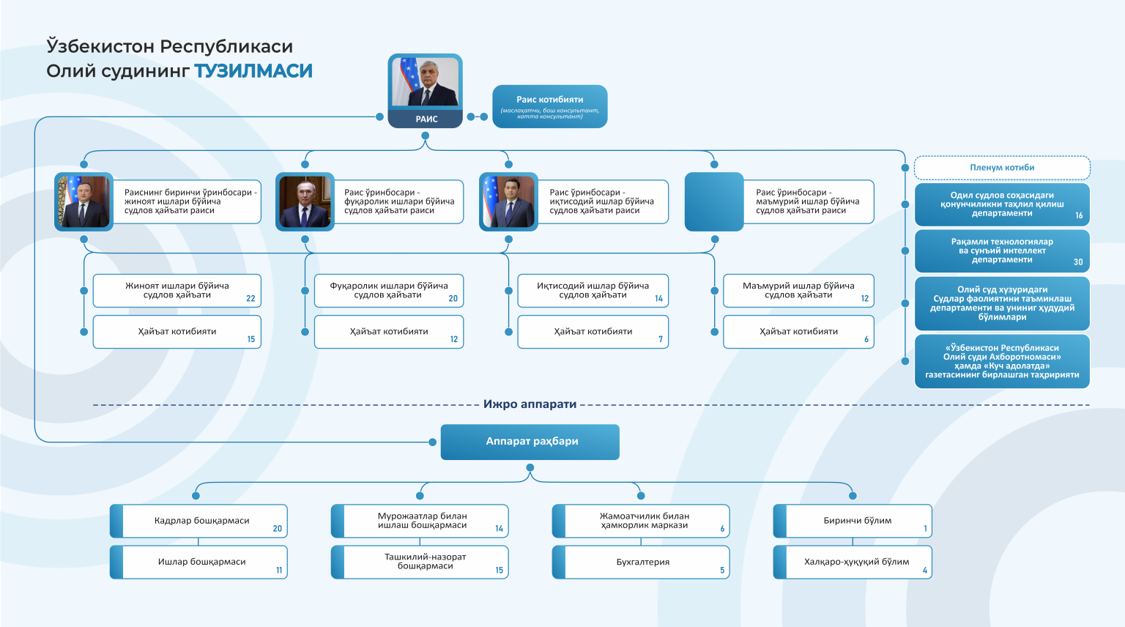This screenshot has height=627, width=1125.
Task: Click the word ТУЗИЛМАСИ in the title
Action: pos(253,71)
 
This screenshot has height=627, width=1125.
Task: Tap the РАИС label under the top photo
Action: pos(426,119)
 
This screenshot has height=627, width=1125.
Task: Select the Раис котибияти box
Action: pos(550,106)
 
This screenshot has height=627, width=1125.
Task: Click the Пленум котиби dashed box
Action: pos(1002,168)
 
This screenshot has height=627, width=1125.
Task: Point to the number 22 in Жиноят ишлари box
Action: pos(250,298)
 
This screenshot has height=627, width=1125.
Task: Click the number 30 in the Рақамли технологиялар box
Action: pos(1078,261)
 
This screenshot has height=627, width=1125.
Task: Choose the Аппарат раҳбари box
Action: pos(530,442)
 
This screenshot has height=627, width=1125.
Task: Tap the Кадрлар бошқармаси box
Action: pos(199,521)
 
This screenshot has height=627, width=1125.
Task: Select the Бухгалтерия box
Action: pos(641,563)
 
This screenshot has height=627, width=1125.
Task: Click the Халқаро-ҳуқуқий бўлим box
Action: pos(853,563)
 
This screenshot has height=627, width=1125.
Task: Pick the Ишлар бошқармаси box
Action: pos(199,563)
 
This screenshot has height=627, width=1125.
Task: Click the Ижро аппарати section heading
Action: pos(530,404)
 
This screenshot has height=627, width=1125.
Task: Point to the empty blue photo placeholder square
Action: pos(714,202)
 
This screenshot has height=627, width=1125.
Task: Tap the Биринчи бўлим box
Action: pos(853,521)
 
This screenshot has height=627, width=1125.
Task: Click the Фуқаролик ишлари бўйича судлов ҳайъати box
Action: pos(389,291)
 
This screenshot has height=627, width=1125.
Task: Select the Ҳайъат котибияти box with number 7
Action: pos(593,332)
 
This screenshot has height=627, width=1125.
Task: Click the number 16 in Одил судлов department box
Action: pos(1079,215)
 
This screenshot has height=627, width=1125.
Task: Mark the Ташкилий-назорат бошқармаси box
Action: pos(420,563)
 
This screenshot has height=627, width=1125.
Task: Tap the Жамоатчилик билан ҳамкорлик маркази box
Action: pos(641,521)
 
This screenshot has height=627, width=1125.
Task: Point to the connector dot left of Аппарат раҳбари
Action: pos(432,442)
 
